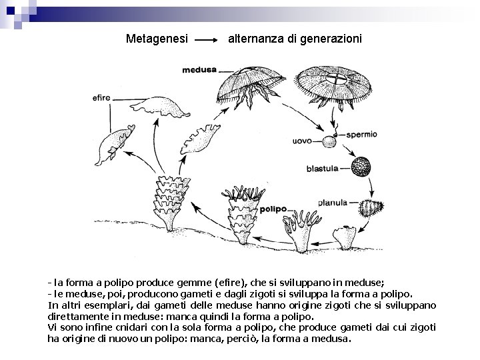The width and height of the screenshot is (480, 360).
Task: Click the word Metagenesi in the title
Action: pos(155,39)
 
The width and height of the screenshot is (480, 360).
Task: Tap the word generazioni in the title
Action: pos(332,39)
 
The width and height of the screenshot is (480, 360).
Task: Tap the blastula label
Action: pos(322,169)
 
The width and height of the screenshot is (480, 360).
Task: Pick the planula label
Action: pos(332,202)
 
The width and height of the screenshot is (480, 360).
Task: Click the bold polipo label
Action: pos(273,209)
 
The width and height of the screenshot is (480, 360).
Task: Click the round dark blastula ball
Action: pos(361,167)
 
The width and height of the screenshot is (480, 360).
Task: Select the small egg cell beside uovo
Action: pos(328,141)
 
